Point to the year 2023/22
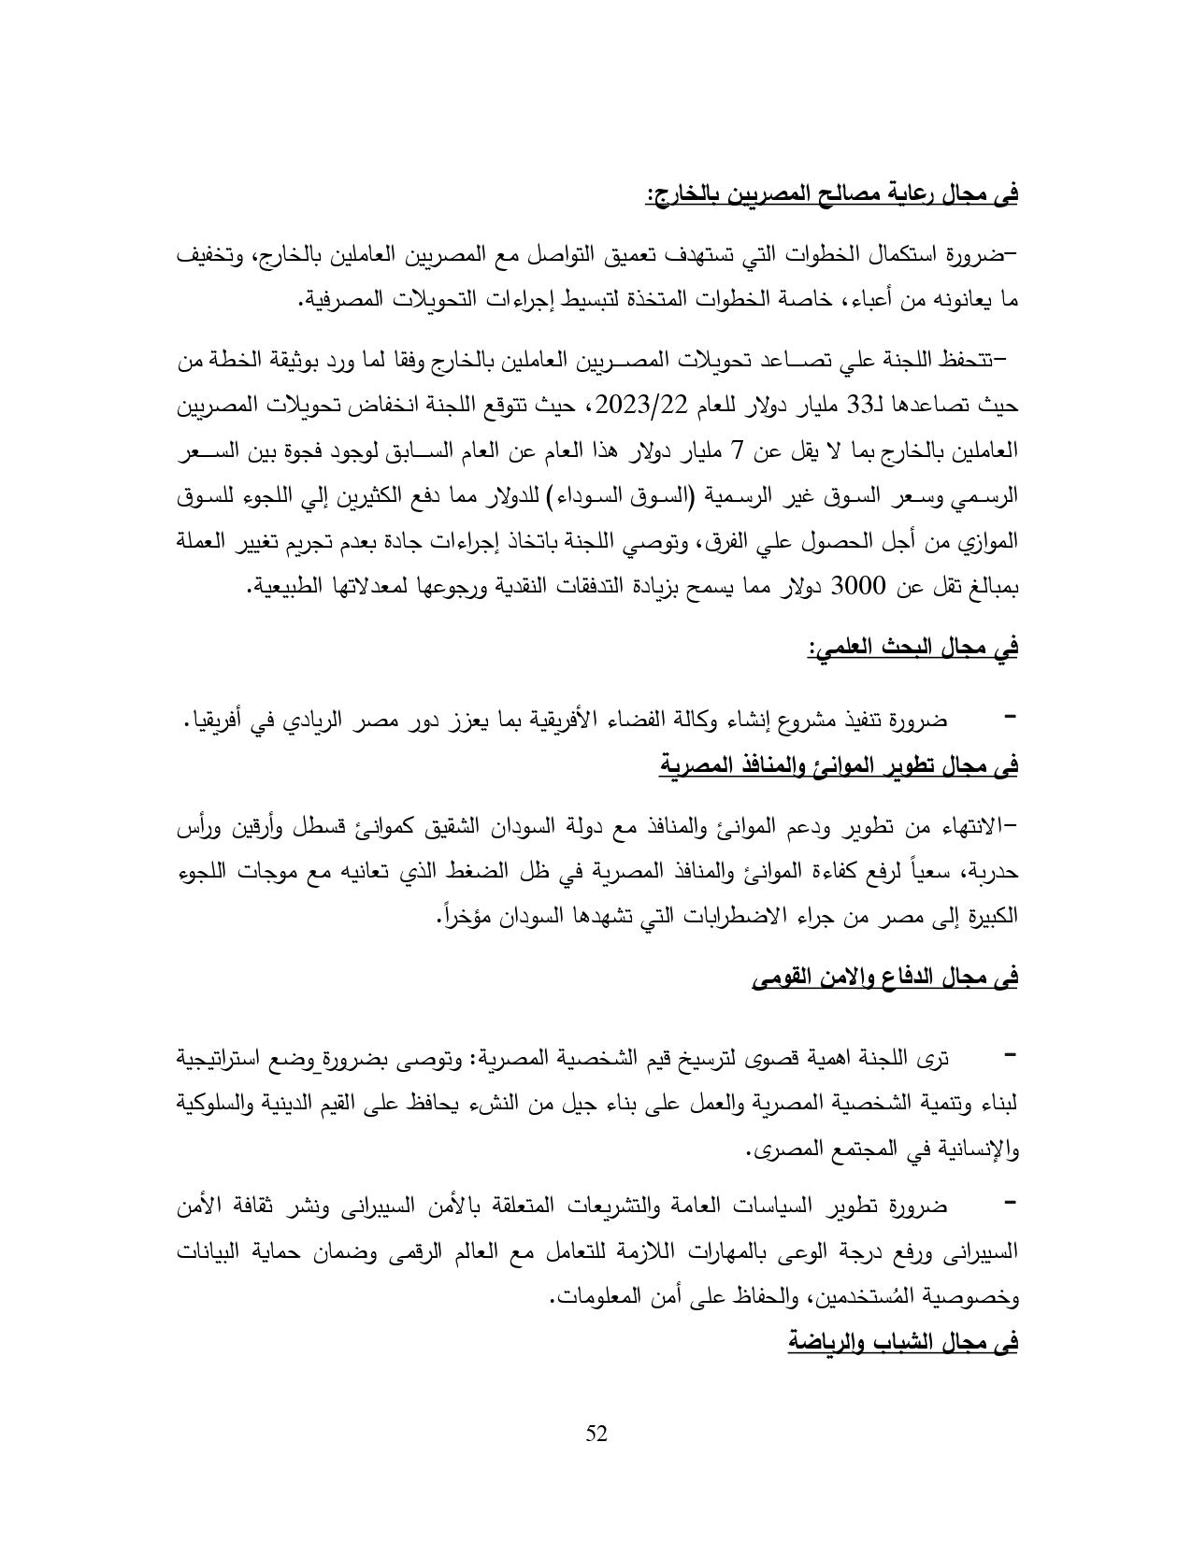coord(642,405)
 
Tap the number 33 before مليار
coord(858,405)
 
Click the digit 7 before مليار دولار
coord(737,450)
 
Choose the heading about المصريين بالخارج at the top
coord(832,194)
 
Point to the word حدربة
coord(994,873)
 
